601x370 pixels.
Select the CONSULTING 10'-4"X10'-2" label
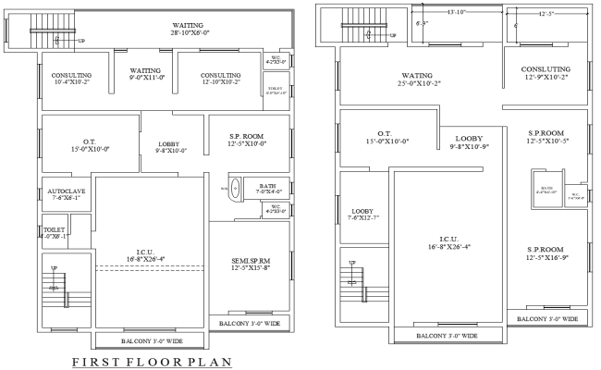(70, 79)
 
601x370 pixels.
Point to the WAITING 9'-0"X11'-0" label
(145, 74)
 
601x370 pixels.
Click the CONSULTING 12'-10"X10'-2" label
(221, 79)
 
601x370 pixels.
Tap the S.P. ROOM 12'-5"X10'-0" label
(247, 141)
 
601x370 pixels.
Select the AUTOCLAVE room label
(66, 195)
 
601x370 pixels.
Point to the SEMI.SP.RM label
(247, 263)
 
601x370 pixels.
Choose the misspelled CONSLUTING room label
(545, 73)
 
